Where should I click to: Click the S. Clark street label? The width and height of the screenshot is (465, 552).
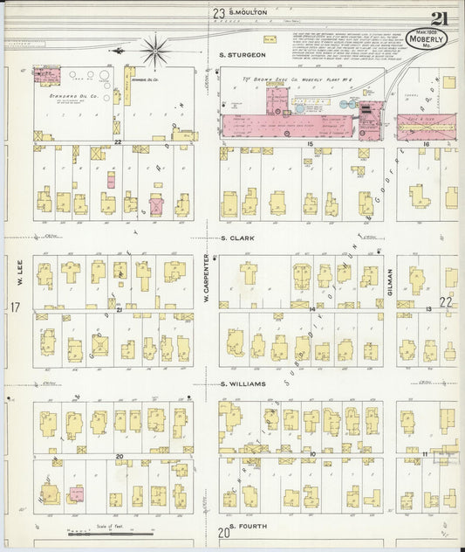point(236,237)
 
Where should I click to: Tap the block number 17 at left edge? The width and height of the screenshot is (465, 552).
point(14,307)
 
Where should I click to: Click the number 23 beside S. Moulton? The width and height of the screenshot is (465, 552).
point(218,12)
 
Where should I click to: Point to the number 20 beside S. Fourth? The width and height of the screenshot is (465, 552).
point(223,532)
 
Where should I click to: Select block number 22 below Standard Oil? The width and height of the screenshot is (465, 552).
point(115,140)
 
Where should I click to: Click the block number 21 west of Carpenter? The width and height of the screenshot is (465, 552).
point(117,309)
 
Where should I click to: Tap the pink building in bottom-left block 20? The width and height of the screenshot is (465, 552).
point(77,494)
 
